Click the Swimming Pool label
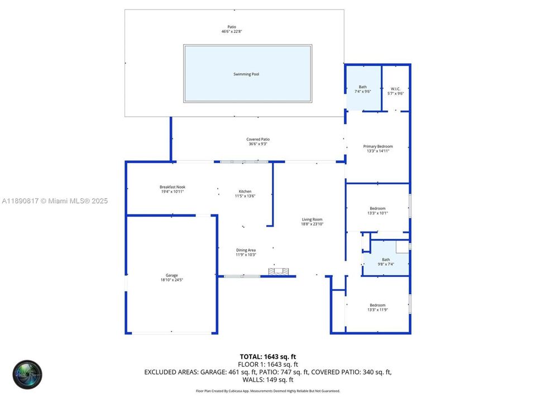tap(246, 74)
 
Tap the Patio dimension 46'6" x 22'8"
tap(232, 32)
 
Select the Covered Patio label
tap(258, 140)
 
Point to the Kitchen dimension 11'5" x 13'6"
tap(246, 196)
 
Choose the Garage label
tap(171, 275)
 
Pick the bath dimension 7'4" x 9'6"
tap(363, 92)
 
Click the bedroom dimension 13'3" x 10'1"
tap(377, 213)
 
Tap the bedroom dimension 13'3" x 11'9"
tap(377, 310)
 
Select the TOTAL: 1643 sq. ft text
tap(267, 356)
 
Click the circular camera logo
tap(28, 374)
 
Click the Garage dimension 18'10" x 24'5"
tap(171, 280)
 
